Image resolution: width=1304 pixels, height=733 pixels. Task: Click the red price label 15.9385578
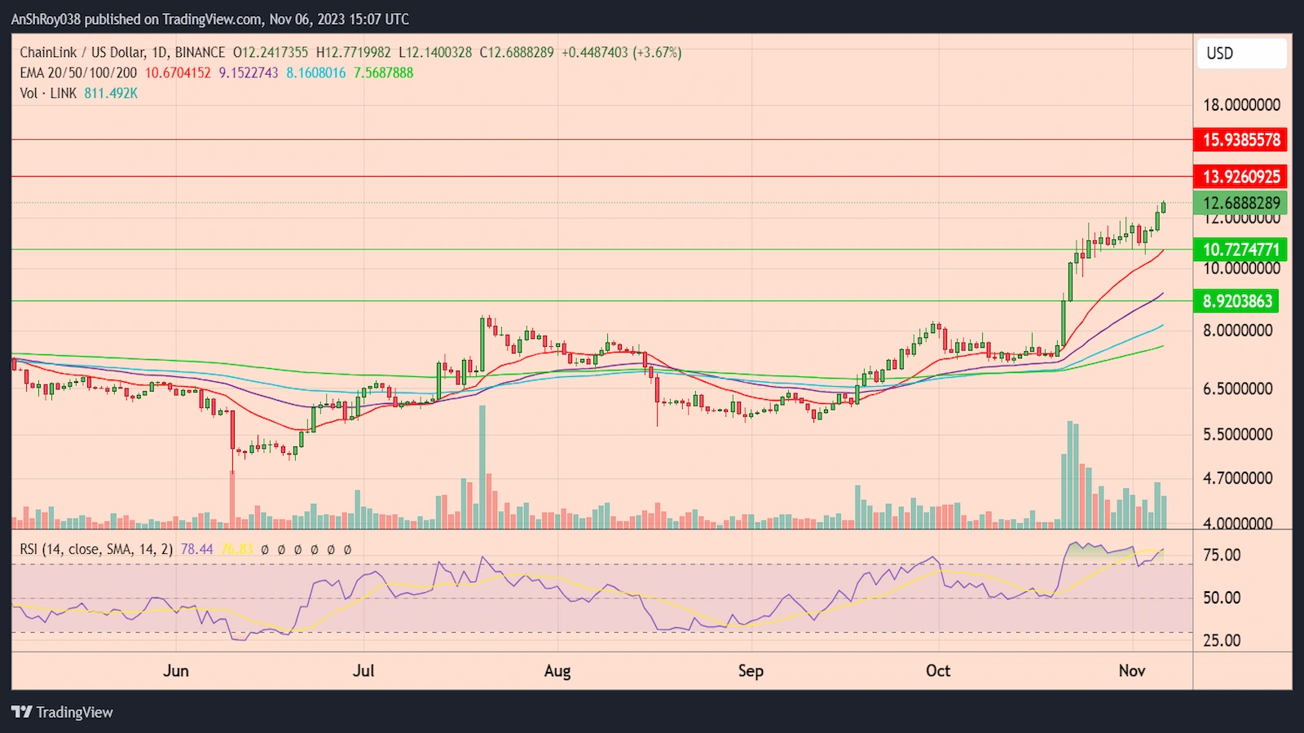(x=1241, y=139)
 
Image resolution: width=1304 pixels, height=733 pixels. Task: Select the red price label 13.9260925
(x=1241, y=176)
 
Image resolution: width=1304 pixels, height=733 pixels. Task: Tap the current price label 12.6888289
(x=1241, y=203)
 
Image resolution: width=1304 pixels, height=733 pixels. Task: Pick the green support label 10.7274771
(x=1241, y=249)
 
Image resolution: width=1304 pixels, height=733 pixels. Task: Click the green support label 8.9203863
(x=1237, y=301)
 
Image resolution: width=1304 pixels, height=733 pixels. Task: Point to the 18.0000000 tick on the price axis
(x=1241, y=105)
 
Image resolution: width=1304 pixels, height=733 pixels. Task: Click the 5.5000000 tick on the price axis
(x=1237, y=434)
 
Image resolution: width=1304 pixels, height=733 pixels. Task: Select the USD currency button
(x=1241, y=54)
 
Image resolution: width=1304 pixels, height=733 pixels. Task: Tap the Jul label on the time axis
(x=363, y=670)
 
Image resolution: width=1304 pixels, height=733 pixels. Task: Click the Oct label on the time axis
(x=938, y=670)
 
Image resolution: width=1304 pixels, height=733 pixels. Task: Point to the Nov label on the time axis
(x=1132, y=670)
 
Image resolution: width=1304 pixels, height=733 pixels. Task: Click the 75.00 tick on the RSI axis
(x=1222, y=555)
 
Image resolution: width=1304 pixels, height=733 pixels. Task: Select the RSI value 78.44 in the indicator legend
(x=196, y=549)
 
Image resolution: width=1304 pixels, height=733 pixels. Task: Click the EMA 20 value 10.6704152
(x=178, y=72)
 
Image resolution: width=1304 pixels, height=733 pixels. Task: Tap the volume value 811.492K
(x=111, y=93)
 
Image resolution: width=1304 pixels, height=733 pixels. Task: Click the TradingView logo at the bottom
(x=63, y=712)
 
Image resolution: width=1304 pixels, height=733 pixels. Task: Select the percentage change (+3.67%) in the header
(x=657, y=52)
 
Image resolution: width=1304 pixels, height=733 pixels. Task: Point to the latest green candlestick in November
(x=1163, y=207)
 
